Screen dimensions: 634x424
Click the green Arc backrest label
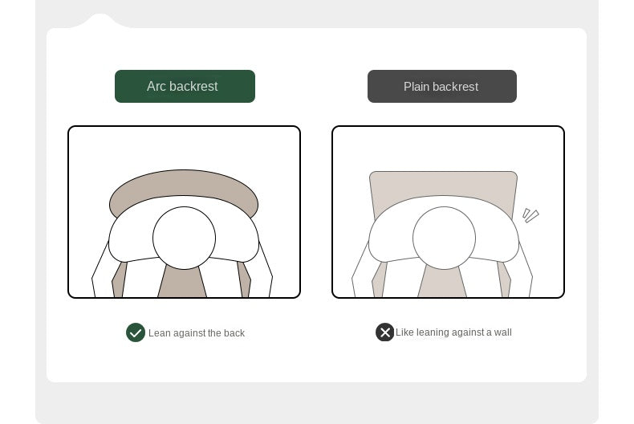click(x=185, y=86)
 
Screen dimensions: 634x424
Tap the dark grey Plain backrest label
click(x=442, y=86)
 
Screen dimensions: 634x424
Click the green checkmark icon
click(x=136, y=332)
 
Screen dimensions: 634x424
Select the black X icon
click(x=385, y=332)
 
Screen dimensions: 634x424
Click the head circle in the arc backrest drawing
click(x=184, y=238)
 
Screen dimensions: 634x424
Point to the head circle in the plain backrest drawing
click(x=444, y=238)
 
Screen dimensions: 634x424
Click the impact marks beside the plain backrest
click(x=530, y=215)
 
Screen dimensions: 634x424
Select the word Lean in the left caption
click(x=160, y=333)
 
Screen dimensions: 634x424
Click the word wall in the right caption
click(x=502, y=332)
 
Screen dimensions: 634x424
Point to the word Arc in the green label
click(x=156, y=86)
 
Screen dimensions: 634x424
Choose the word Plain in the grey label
click(x=417, y=87)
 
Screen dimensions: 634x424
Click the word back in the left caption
click(x=234, y=333)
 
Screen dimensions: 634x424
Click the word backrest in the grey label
click(x=455, y=87)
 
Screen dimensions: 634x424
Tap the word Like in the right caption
click(x=404, y=332)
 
